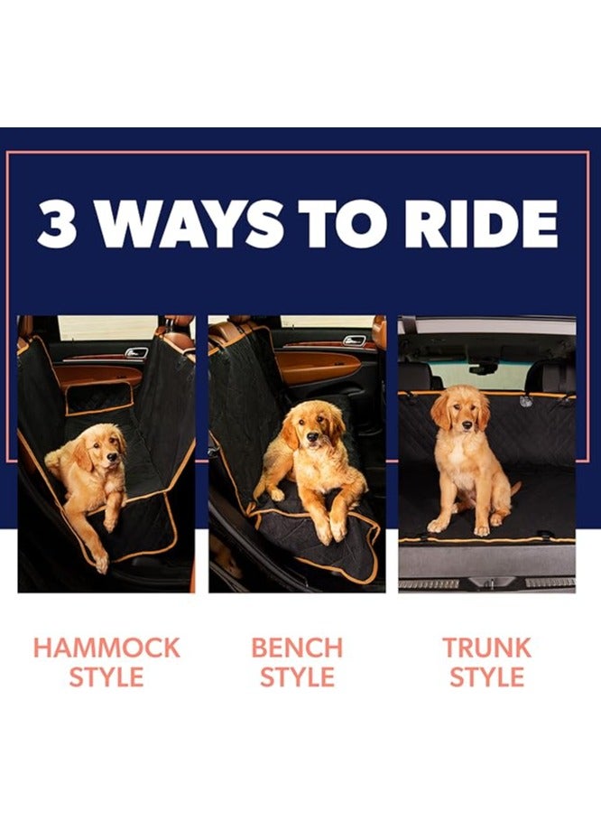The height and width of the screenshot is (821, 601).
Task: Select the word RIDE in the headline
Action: pos(482,224)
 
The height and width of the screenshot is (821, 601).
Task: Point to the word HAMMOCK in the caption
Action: pos(106,648)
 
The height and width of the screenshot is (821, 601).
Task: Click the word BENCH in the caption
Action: pos(297,648)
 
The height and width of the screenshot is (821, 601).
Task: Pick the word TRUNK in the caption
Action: pos(487,648)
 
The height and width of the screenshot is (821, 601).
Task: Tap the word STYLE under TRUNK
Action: pos(487,677)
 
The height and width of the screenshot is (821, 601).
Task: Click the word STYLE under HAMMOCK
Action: pos(106,677)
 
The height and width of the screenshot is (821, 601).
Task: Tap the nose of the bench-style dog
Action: pos(311,435)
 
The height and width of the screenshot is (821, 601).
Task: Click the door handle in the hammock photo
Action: pos(136,353)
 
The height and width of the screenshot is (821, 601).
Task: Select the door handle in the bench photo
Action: pos(354,341)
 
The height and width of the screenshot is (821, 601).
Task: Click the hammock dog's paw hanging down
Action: pos(100,561)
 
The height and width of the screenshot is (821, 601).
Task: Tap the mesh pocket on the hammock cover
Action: pos(99,399)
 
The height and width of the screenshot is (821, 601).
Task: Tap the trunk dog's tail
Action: pos(515,490)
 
